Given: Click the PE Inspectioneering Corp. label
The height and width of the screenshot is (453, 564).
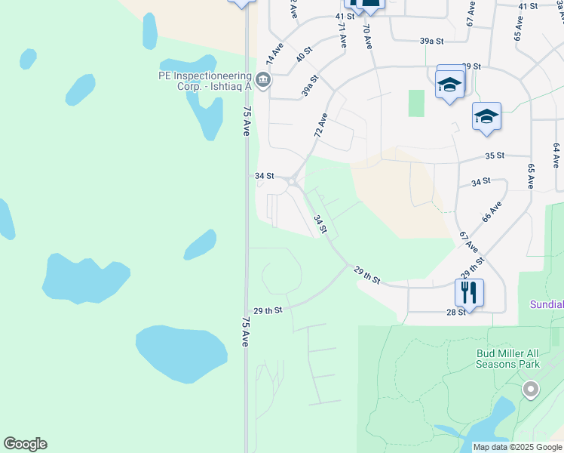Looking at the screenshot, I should click(x=204, y=81).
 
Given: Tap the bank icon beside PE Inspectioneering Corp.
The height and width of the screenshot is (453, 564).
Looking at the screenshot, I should click(x=262, y=79).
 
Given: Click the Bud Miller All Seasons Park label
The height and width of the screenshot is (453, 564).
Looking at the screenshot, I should click(x=508, y=358).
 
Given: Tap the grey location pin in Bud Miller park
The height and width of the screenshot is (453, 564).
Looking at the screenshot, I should click(x=531, y=390).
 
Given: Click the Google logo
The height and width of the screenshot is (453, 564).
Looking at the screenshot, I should click(x=25, y=444).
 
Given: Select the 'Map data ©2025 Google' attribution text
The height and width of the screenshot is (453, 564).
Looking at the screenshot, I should click(x=516, y=447).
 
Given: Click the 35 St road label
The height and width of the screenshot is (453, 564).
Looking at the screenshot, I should click(x=494, y=156).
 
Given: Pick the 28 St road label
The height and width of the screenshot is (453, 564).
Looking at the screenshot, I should click(x=455, y=312).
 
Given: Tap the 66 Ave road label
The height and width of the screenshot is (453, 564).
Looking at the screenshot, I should click(x=492, y=212).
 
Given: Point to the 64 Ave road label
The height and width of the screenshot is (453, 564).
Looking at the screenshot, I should click(x=556, y=156).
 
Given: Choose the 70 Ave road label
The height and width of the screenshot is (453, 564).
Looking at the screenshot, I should click(x=367, y=36).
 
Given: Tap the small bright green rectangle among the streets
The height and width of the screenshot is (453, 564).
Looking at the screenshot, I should click(x=416, y=103).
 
